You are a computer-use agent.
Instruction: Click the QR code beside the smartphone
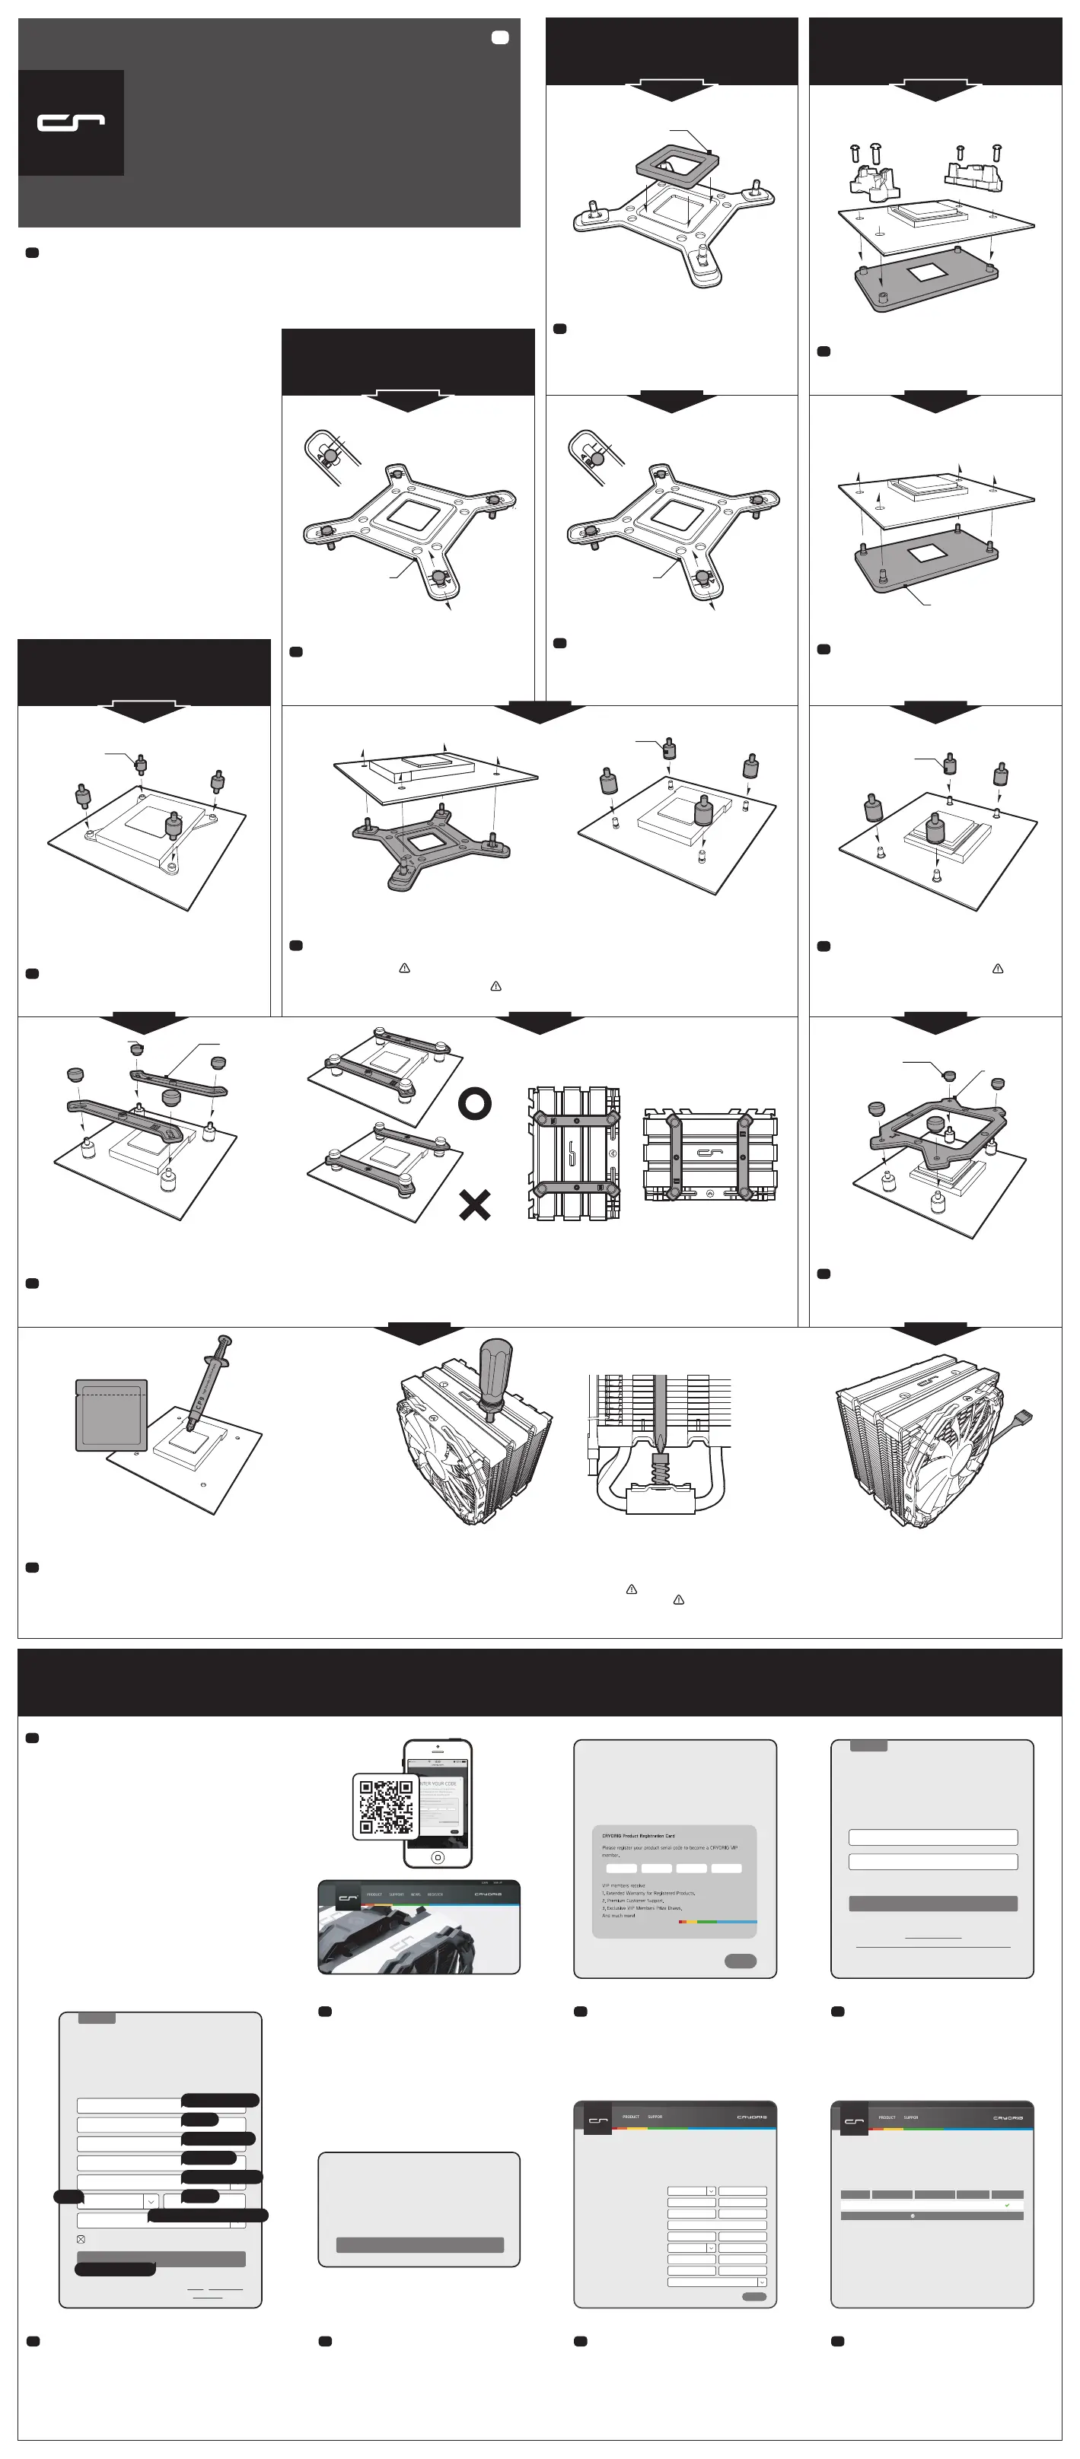385,1806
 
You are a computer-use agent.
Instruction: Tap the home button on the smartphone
438,1856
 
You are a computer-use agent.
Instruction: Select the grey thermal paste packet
112,1414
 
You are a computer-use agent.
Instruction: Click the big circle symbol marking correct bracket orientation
475,1103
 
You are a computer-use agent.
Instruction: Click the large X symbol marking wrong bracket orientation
475,1204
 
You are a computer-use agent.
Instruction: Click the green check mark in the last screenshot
1006,2205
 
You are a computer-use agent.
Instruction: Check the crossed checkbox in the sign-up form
81,2238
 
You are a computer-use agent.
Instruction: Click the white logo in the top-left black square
71,122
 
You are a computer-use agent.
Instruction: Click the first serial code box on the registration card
622,1868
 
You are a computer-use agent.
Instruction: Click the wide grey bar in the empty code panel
419,2245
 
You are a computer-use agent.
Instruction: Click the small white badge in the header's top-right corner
499,37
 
